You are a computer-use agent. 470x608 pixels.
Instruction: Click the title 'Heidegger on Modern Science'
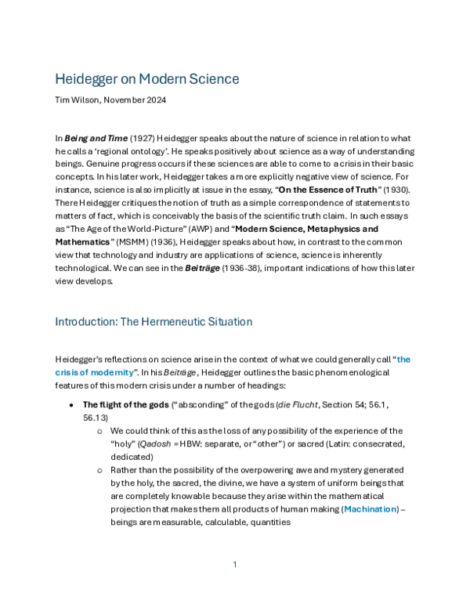[x=147, y=79]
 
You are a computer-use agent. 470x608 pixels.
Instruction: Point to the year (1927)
[x=142, y=138]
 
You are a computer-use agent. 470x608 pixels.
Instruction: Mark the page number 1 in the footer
[x=235, y=565]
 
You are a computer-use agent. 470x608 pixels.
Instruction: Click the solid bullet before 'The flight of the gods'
[x=71, y=405]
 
